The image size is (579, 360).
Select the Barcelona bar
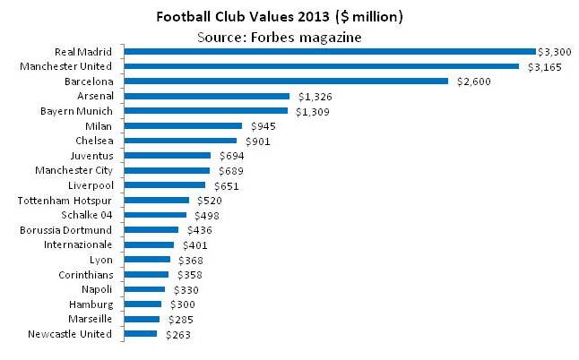click(286, 81)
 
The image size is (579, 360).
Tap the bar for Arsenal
click(207, 96)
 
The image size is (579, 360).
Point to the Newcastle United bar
click(141, 334)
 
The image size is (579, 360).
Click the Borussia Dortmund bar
click(151, 229)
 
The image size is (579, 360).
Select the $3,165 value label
click(540, 66)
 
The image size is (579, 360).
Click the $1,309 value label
click(309, 111)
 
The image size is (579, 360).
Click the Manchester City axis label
click(73, 170)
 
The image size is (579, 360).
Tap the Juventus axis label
click(92, 156)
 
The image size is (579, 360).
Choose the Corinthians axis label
click(86, 275)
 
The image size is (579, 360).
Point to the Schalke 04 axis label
click(87, 215)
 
